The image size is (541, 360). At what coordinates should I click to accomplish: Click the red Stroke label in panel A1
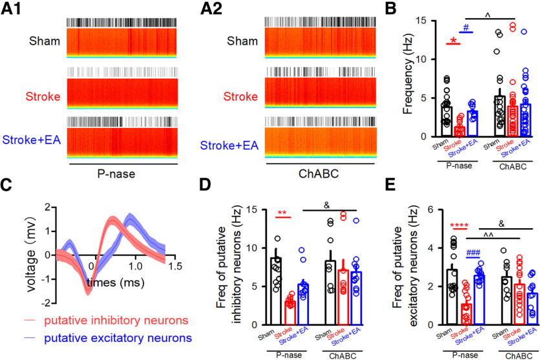click(x=43, y=97)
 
